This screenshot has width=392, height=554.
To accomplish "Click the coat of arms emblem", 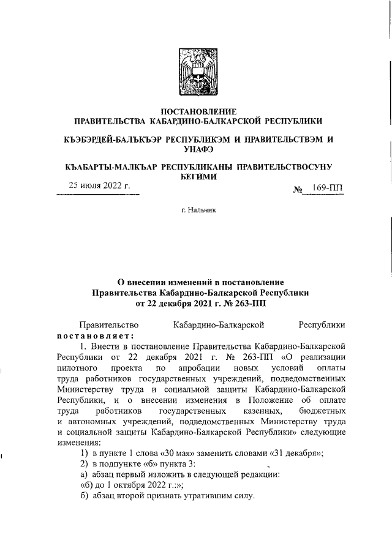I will click(197, 66).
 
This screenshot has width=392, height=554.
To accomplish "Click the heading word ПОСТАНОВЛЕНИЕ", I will click(197, 111).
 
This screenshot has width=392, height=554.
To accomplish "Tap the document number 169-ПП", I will click(328, 189).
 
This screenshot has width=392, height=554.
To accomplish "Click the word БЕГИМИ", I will click(197, 176).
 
